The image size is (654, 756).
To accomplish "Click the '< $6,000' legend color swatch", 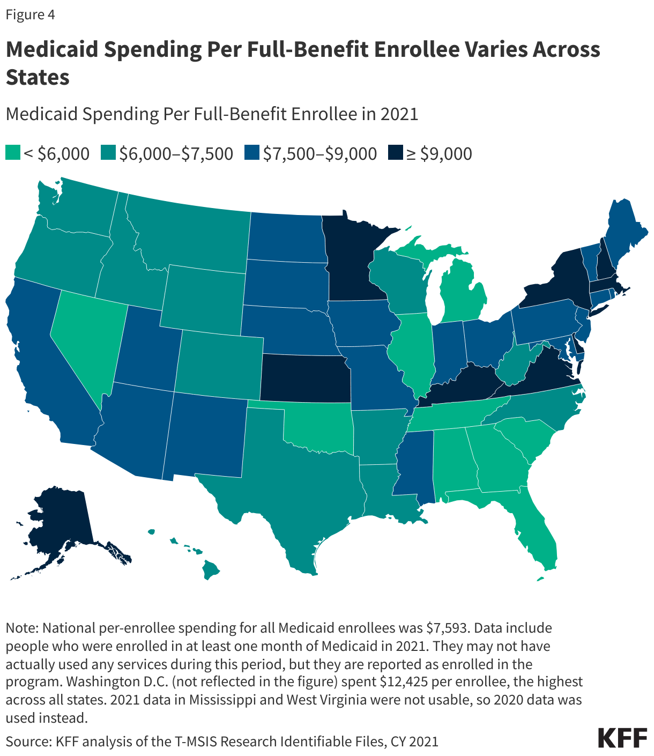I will pos(13,153).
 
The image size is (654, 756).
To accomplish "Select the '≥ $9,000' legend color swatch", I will pos(396,153).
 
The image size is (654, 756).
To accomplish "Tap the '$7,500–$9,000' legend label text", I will pos(319,153).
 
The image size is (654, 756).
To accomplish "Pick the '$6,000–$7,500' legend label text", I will pos(176,153).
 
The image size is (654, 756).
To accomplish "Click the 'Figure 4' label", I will pos(30,14).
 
